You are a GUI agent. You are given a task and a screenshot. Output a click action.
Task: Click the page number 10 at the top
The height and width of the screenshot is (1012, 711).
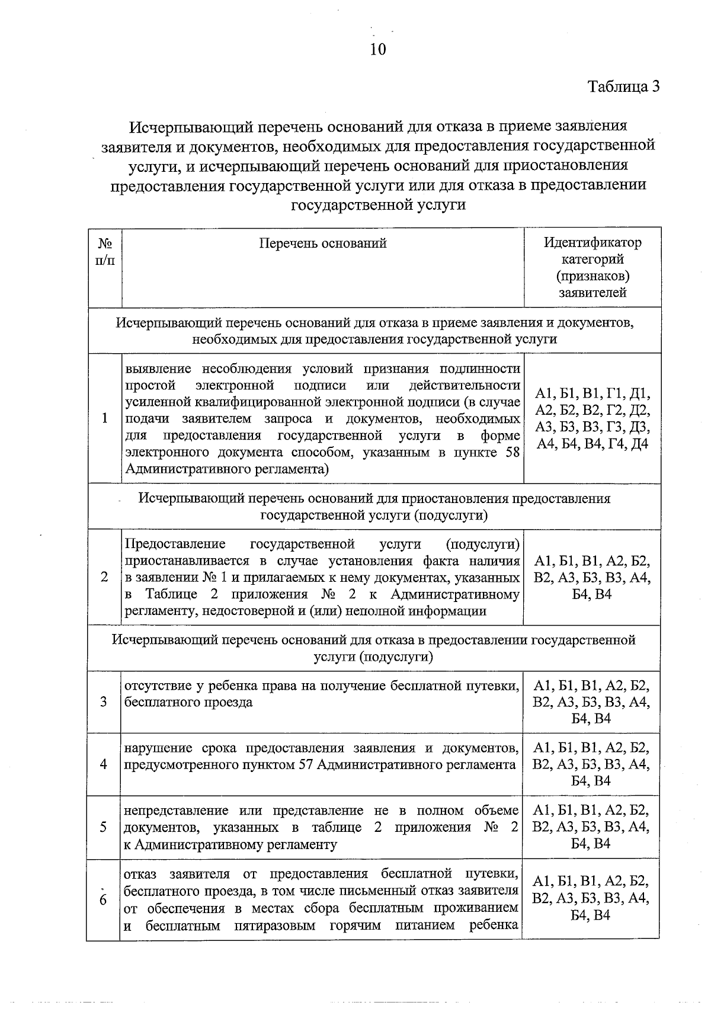tap(377, 49)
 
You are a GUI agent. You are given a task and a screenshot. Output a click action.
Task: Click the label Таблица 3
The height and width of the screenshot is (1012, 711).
tap(623, 87)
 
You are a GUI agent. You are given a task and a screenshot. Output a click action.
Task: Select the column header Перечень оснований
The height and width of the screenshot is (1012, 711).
tap(323, 243)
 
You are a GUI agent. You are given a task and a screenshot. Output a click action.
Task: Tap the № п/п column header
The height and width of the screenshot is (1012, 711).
tap(105, 251)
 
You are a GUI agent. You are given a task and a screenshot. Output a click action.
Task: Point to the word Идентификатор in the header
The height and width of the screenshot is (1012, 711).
tap(592, 243)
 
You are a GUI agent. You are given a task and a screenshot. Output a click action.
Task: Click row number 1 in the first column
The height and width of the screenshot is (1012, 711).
tap(104, 418)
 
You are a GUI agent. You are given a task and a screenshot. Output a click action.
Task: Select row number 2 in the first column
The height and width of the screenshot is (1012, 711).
tap(104, 577)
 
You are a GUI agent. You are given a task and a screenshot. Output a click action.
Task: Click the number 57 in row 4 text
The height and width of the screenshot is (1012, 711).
tap(305, 764)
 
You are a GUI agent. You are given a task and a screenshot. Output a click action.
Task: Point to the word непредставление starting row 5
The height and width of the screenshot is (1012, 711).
tap(177, 811)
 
